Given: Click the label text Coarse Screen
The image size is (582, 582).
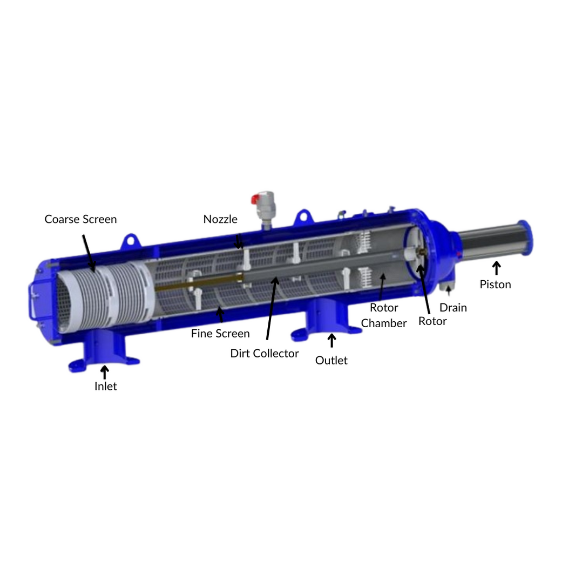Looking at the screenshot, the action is pyautogui.click(x=80, y=219).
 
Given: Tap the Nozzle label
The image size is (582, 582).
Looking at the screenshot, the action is pyautogui.click(x=220, y=219).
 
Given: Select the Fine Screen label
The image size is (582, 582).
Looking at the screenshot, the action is pyautogui.click(x=220, y=334).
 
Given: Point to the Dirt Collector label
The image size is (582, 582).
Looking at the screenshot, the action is pyautogui.click(x=265, y=353).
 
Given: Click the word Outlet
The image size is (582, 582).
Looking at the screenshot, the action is pyautogui.click(x=331, y=361).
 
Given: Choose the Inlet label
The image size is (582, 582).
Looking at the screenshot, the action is pyautogui.click(x=105, y=387).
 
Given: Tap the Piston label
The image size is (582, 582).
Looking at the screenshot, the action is pyautogui.click(x=495, y=285).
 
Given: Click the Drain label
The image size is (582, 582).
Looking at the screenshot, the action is pyautogui.click(x=453, y=308).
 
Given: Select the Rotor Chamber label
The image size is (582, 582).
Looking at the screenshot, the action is pyautogui.click(x=384, y=315).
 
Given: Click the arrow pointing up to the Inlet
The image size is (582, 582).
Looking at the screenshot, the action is pyautogui.click(x=105, y=373).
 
